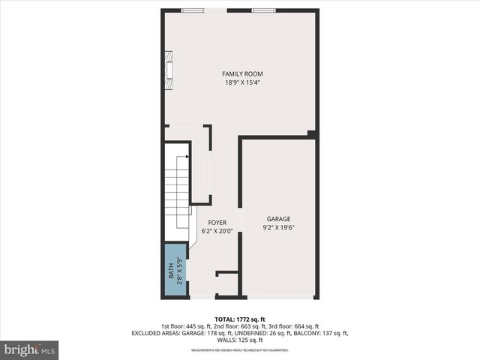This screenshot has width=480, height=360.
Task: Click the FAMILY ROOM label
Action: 242,73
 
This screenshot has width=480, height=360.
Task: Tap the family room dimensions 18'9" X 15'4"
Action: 242,82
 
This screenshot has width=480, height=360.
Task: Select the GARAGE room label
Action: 277,218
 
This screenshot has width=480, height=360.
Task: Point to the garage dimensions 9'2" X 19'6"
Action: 277,227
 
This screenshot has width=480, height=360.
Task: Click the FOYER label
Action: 217,222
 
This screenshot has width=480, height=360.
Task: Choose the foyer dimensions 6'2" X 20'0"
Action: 217,231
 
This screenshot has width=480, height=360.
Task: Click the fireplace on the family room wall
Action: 169,70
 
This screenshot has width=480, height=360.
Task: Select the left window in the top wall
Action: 193,10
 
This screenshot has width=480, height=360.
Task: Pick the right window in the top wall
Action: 263,10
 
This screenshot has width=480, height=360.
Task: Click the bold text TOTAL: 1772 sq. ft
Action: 240,319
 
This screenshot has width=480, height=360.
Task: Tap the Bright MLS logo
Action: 30,349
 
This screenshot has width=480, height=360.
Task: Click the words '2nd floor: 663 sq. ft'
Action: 229,326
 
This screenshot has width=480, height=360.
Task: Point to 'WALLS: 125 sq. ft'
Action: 240,340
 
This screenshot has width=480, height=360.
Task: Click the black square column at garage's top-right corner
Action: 311,134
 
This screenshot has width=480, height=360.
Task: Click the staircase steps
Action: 177,195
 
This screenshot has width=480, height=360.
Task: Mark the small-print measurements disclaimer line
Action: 240,350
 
